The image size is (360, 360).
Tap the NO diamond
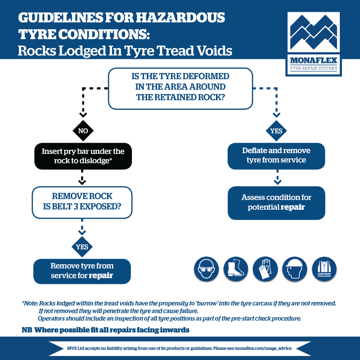tap(83, 131)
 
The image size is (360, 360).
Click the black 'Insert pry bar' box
tap(83, 156)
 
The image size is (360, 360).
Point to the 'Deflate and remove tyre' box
tap(276, 155)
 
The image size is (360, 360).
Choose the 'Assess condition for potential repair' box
tap(276, 202)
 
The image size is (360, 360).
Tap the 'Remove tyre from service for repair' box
tap(82, 270)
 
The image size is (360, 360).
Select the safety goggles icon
tap(206, 270)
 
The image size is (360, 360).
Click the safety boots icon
tap(236, 270)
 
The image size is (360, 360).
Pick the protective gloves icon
tap(265, 270)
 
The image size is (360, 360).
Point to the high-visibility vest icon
tap(324, 270)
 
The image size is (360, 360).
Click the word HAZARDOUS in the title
tap(180, 18)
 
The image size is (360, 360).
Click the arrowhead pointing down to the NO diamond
tap(83, 115)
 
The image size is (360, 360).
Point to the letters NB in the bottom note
tap(27, 330)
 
